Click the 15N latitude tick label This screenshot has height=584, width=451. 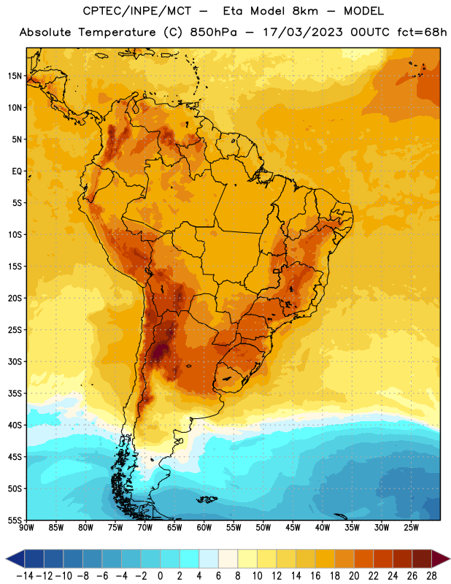(15, 76)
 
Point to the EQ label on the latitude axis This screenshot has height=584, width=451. (17, 172)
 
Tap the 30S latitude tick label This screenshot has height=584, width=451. (15, 361)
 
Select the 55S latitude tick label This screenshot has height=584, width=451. (15, 520)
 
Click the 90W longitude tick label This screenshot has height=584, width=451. (26, 528)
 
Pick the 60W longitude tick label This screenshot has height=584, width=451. (204, 528)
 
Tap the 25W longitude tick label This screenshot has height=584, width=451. (411, 528)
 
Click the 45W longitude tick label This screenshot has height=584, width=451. (293, 528)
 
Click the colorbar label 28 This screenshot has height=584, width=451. (431, 576)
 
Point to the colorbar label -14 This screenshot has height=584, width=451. (25, 576)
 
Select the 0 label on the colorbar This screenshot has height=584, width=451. (160, 576)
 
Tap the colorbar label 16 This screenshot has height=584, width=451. (315, 576)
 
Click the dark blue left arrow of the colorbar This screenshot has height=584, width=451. (15, 558)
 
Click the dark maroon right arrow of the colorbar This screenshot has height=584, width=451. (441, 558)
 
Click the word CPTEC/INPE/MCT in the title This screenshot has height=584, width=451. (137, 11)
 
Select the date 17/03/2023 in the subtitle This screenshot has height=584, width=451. (303, 32)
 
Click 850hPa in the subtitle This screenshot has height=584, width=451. (213, 32)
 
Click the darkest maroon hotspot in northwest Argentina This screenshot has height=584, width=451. (161, 350)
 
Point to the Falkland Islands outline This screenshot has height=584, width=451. (207, 499)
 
